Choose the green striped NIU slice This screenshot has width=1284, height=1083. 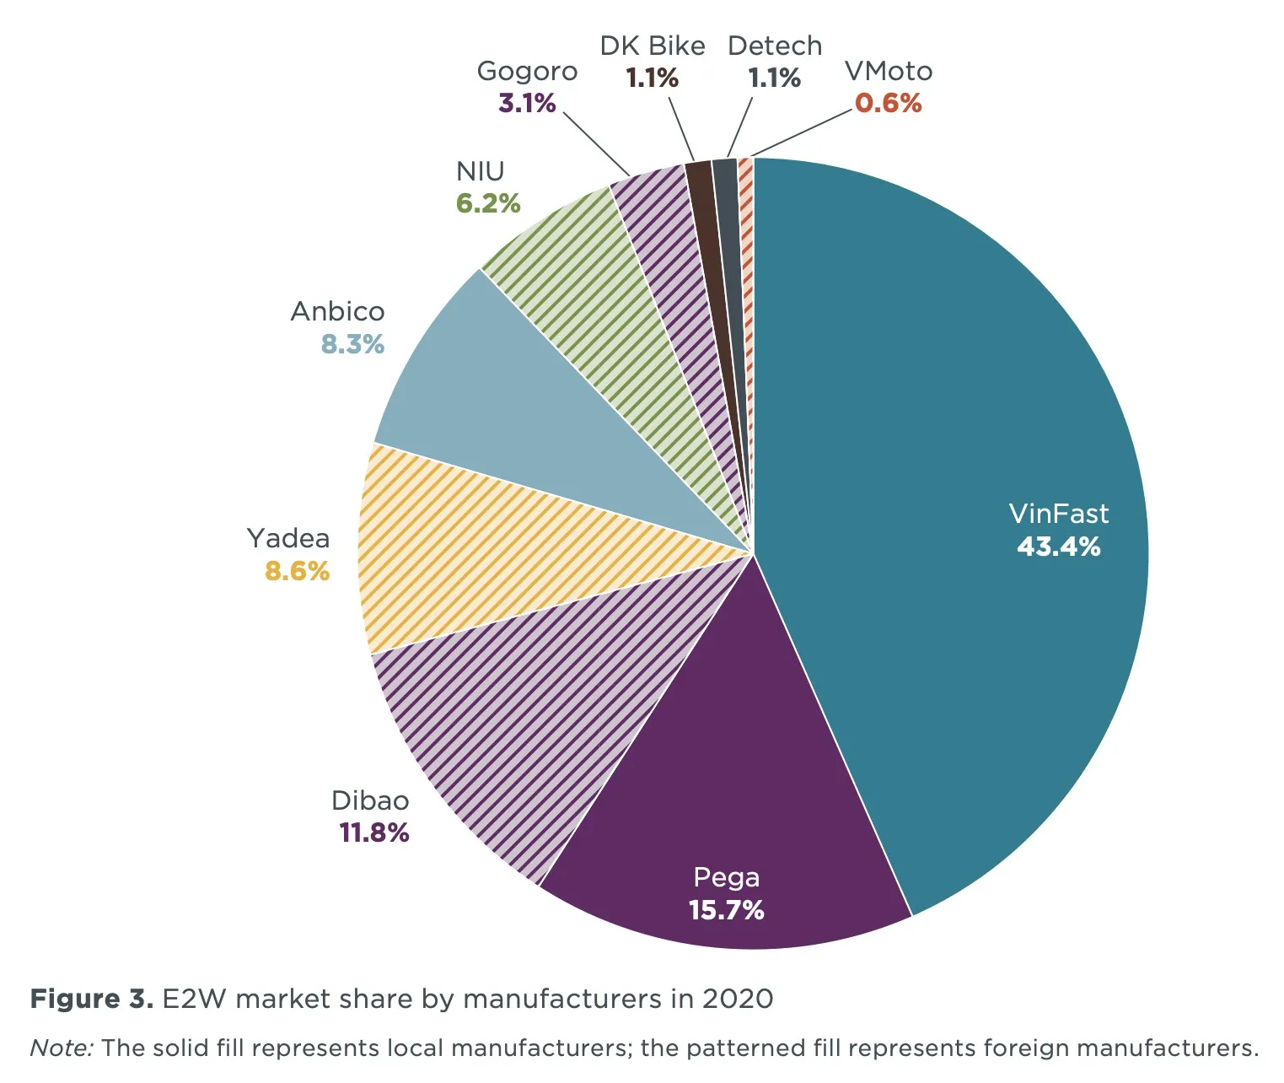tap(607, 295)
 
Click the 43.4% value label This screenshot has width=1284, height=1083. tap(1058, 547)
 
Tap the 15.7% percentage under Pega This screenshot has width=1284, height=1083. tap(726, 910)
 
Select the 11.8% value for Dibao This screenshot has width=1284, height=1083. tap(373, 832)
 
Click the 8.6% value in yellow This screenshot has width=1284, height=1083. tap(297, 571)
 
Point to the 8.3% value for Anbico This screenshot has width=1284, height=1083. tap(352, 344)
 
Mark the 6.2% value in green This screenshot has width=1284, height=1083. tap(488, 203)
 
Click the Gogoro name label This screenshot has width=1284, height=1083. tap(527, 71)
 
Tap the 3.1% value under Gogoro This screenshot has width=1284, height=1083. tap(527, 103)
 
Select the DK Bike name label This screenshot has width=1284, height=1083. tap(653, 46)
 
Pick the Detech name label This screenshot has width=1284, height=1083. tap(774, 46)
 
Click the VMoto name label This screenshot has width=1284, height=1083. tap(889, 71)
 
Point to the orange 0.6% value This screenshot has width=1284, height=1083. tap(889, 103)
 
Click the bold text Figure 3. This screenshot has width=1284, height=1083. tap(91, 999)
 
